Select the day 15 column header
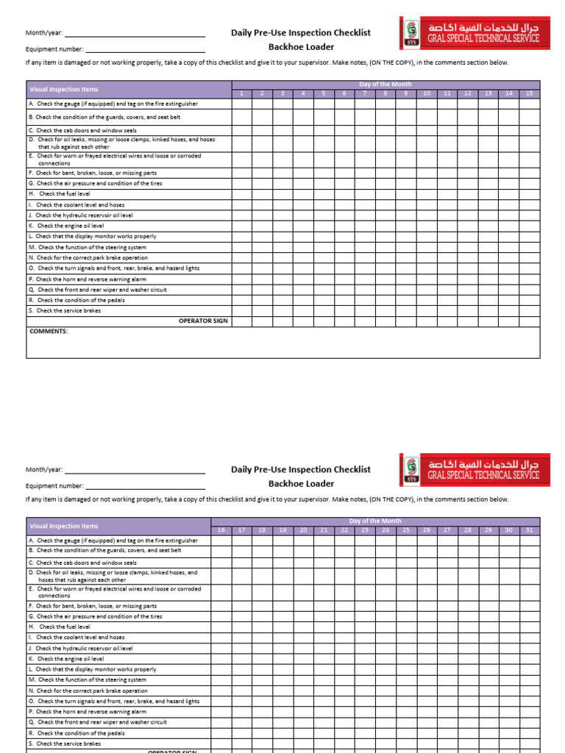click(529, 94)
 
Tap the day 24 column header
click(385, 530)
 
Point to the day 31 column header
click(529, 530)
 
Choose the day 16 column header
click(221, 530)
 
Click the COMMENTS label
click(49, 332)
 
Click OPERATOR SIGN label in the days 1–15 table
click(203, 321)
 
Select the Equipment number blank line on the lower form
click(145, 486)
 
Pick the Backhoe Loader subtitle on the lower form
click(301, 484)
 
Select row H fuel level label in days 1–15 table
click(60, 194)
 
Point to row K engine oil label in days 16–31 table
click(66, 659)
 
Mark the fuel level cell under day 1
click(241, 194)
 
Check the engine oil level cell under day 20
click(302, 659)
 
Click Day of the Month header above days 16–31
click(375, 521)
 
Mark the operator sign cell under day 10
click(426, 321)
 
